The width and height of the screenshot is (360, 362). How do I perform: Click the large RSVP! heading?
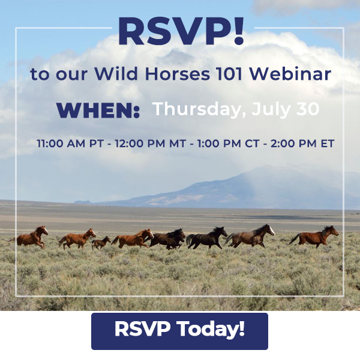pyautogui.click(x=181, y=31)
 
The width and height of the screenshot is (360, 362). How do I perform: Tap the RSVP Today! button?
pyautogui.click(x=179, y=331)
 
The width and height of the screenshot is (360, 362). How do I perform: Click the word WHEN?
pyautogui.click(x=98, y=110)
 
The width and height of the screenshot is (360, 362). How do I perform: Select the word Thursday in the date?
pyautogui.click(x=199, y=109)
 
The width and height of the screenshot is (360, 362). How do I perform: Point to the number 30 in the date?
pyautogui.click(x=308, y=109)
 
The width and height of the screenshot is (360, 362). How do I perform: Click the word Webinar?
pyautogui.click(x=290, y=74)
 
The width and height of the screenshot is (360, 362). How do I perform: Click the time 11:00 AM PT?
pyautogui.click(x=70, y=143)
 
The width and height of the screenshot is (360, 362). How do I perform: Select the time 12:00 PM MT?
pyautogui.click(x=150, y=143)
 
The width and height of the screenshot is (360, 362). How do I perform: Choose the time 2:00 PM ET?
pyautogui.click(x=302, y=143)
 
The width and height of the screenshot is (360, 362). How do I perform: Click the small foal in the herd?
pyautogui.click(x=101, y=243)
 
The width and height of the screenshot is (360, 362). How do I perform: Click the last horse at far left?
pyautogui.click(x=28, y=238)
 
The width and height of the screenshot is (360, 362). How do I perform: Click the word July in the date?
pyautogui.click(x=271, y=109)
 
